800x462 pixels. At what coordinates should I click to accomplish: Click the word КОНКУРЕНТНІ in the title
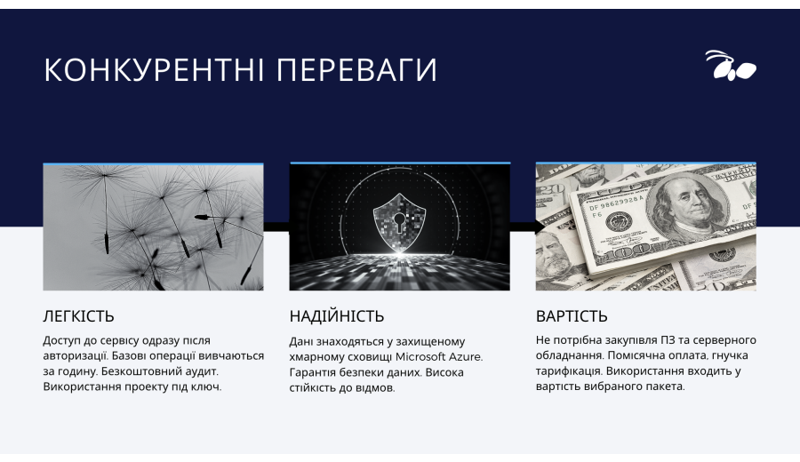point(154,69)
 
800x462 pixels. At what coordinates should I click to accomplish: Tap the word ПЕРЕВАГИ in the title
point(356,69)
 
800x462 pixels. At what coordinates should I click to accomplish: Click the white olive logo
point(731,65)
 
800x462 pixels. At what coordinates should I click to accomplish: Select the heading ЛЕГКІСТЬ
point(78,316)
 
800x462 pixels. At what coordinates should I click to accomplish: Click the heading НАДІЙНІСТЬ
point(337,316)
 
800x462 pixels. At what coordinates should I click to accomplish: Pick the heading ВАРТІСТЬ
point(572,316)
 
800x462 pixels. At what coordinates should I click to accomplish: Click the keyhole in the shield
point(398,221)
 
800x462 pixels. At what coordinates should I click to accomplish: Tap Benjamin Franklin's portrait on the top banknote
point(687,204)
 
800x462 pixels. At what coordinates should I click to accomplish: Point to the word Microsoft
point(420,356)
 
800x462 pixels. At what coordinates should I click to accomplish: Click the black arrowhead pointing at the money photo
point(539,227)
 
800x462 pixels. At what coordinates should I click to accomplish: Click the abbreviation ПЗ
point(668,339)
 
